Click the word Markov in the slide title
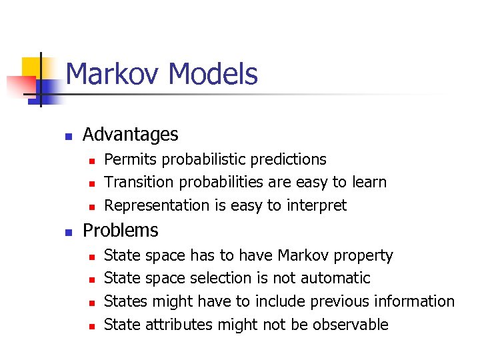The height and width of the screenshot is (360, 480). click(109, 74)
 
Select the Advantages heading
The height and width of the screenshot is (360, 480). click(130, 135)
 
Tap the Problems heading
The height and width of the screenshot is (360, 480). click(120, 231)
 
